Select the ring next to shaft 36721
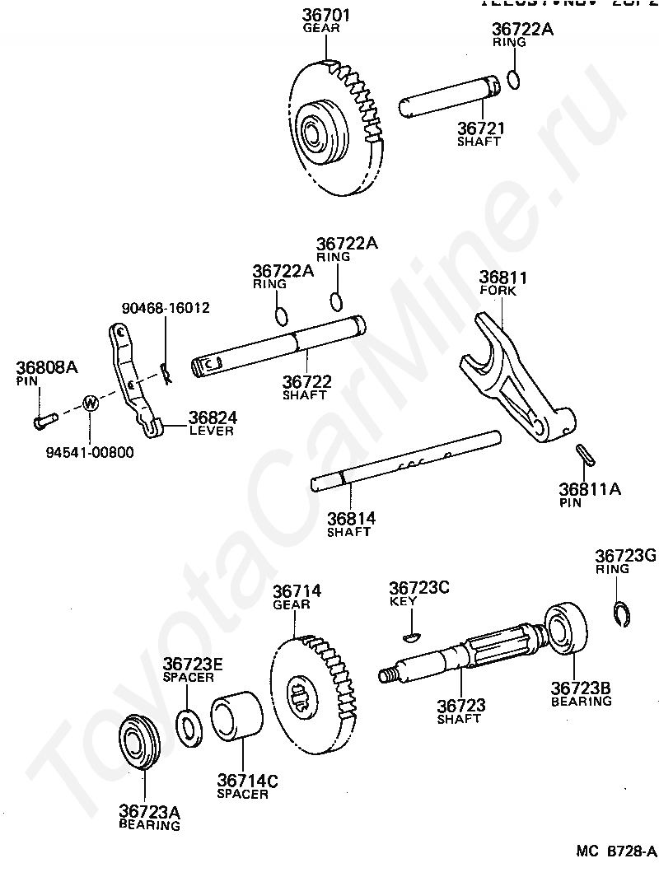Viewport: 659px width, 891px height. click(513, 79)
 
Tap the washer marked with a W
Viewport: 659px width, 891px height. click(90, 404)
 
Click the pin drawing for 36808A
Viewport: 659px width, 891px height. click(44, 421)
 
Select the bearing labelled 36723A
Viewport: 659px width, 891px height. click(139, 744)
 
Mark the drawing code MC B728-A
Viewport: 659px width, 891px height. click(615, 851)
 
